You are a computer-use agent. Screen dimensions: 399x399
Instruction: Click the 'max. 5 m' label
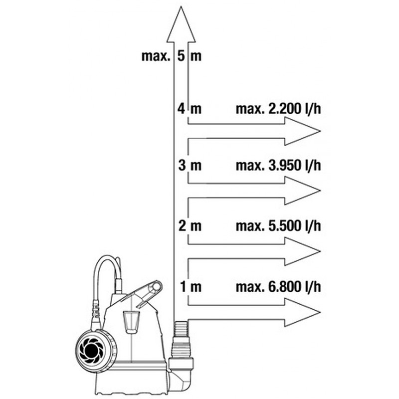(x=171, y=56)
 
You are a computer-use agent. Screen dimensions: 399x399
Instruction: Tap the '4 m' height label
(x=190, y=109)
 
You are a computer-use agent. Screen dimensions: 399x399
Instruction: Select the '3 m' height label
(x=190, y=166)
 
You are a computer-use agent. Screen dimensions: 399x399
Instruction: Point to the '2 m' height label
(x=190, y=226)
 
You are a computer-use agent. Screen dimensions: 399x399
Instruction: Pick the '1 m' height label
(x=191, y=287)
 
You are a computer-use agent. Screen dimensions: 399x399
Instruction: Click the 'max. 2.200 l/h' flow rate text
(x=278, y=109)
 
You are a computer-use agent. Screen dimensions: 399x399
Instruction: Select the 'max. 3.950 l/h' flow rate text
(x=278, y=166)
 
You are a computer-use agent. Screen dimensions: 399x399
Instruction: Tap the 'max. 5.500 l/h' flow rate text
(x=278, y=226)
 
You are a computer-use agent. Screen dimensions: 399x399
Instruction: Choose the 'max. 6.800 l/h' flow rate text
(x=278, y=287)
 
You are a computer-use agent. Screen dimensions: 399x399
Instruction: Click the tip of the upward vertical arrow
(x=181, y=6)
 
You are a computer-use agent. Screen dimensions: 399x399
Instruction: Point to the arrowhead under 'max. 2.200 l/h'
(x=302, y=131)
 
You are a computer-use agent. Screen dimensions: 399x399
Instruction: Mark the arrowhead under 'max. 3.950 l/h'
(x=302, y=191)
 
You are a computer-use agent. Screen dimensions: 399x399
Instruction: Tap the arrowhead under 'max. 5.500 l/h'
(x=302, y=251)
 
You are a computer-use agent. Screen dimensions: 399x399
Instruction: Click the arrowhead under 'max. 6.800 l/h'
(x=302, y=312)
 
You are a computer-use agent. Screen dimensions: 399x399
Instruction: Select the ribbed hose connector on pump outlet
(x=181, y=340)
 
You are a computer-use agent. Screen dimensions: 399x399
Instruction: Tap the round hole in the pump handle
(x=156, y=287)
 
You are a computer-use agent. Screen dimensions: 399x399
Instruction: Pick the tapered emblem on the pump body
(x=131, y=321)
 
